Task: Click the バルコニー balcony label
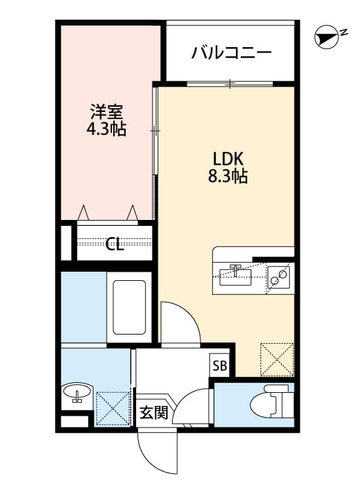tap(231, 53)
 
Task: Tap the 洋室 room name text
tap(106, 111)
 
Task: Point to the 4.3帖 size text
tap(106, 129)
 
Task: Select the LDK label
tap(228, 158)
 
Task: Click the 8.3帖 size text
tap(228, 176)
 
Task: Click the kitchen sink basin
tap(235, 275)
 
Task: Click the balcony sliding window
tap(230, 83)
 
